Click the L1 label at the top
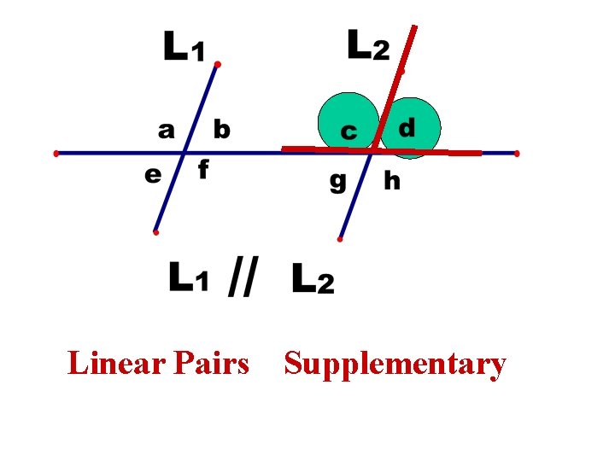[184, 46]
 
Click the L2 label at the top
[368, 44]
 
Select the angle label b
[221, 130]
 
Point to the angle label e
[154, 175]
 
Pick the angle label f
[203, 171]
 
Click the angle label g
[337, 182]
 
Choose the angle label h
[392, 180]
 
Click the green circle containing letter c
[348, 122]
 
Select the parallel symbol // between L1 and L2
[243, 277]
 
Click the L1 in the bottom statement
[189, 278]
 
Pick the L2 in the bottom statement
[313, 278]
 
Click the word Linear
[116, 364]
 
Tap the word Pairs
[210, 364]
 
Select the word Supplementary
[395, 365]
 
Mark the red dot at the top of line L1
[218, 65]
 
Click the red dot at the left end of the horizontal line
[56, 154]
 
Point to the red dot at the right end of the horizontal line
[517, 154]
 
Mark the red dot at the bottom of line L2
[340, 240]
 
